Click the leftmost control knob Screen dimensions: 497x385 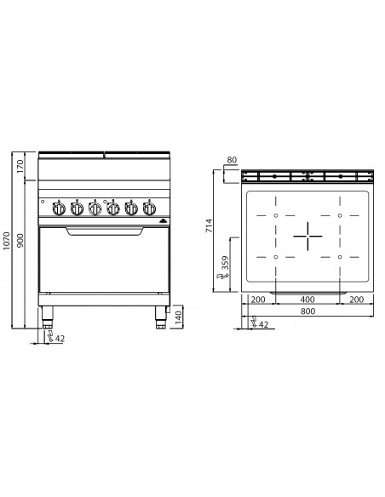58,208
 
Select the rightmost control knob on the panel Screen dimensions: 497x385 149,208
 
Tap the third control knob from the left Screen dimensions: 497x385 95,208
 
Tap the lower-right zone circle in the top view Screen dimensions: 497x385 339,254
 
